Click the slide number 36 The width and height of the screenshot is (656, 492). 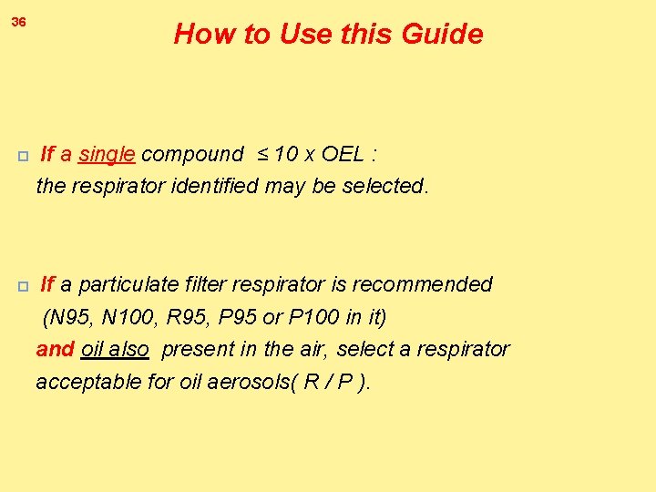(18, 22)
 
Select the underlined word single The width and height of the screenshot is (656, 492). (108, 154)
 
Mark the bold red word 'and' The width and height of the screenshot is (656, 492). (55, 350)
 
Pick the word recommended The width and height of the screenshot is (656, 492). (422, 285)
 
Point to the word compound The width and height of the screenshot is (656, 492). (192, 154)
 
